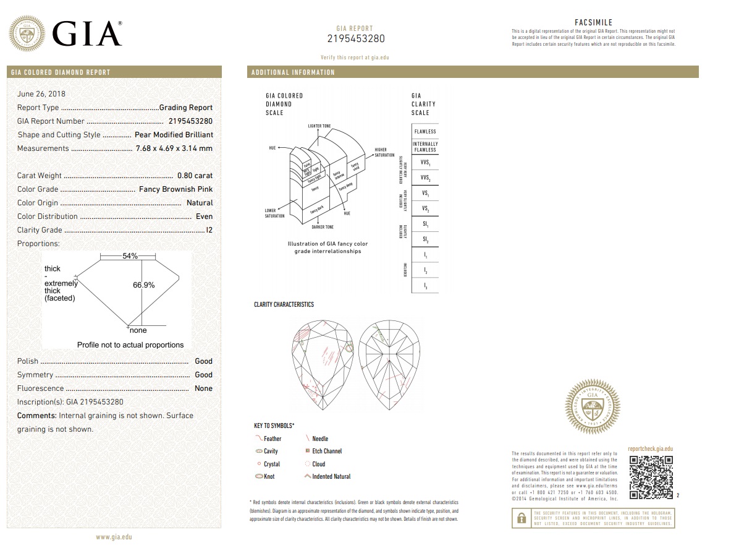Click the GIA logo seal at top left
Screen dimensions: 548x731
tap(27, 33)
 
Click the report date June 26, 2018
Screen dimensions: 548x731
tap(41, 94)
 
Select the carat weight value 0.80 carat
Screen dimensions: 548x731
tap(195, 176)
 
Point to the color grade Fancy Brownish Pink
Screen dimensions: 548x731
tap(175, 189)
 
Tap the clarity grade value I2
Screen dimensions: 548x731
tap(209, 230)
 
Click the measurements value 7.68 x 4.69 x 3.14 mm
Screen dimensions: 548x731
tap(174, 148)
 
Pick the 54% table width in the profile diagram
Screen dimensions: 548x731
tap(130, 256)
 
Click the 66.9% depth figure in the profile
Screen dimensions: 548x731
tap(143, 285)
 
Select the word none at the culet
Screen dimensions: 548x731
tap(138, 330)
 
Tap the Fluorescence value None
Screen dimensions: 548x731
tap(203, 388)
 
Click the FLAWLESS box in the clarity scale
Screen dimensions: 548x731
tap(425, 131)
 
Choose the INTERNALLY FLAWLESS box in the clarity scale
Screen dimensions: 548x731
tap(425, 147)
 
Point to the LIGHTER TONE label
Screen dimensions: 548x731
tap(319, 126)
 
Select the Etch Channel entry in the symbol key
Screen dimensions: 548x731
tap(326, 452)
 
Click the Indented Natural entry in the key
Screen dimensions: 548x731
tap(331, 477)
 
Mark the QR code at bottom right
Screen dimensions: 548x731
tap(651, 477)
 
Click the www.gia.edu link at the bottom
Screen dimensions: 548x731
tap(114, 537)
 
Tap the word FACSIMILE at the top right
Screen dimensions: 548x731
tap(593, 22)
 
